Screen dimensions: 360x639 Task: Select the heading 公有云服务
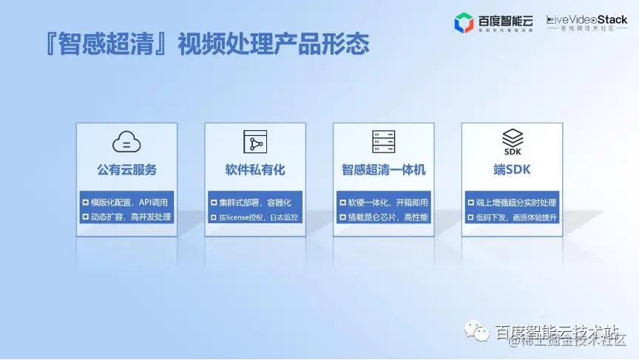tap(126, 169)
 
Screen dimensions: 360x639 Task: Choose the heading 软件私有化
tap(255, 169)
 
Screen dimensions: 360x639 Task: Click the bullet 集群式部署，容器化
tap(255, 202)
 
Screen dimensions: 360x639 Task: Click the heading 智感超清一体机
tap(383, 169)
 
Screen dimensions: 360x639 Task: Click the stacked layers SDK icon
tap(513, 139)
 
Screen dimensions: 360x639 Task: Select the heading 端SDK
tap(513, 169)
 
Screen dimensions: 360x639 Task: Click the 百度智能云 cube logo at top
tap(464, 24)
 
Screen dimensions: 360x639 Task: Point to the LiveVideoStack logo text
tap(586, 20)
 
